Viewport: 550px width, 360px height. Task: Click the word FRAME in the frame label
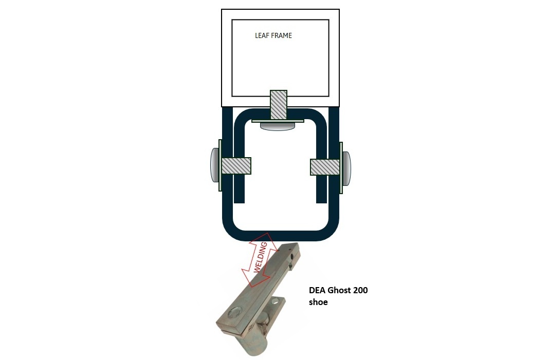(282, 35)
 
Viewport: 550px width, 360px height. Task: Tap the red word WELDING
(260, 257)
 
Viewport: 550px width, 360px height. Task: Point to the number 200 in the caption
(361, 290)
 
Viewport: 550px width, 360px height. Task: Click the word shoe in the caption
(318, 302)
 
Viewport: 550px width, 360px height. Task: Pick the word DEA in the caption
(317, 290)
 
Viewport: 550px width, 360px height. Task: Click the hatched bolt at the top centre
(279, 104)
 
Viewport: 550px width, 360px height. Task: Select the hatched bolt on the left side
(236, 166)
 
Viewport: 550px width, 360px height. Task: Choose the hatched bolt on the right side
(325, 167)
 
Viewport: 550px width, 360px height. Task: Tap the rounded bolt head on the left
(214, 165)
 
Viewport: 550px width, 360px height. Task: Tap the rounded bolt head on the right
(346, 168)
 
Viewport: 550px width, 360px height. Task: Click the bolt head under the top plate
(278, 126)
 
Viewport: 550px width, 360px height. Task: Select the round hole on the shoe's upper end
(289, 249)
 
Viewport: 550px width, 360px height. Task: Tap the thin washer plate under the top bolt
(278, 121)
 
